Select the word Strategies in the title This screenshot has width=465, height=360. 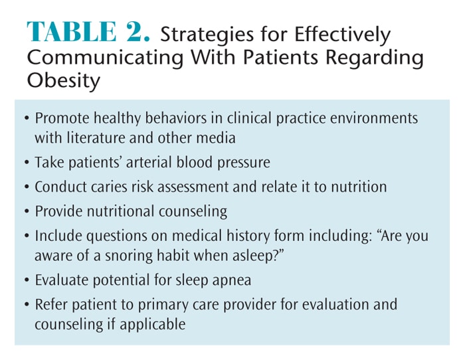tap(207, 35)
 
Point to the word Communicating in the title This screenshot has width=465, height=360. tap(105, 58)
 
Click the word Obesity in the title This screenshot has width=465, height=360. tap(64, 80)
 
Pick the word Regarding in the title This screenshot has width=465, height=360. tap(375, 58)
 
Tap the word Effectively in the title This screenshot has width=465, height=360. tap(342, 35)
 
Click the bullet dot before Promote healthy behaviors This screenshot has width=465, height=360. tap(27, 118)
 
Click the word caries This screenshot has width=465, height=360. tap(108, 187)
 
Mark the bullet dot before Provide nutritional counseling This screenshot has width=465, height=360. tap(27, 212)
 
